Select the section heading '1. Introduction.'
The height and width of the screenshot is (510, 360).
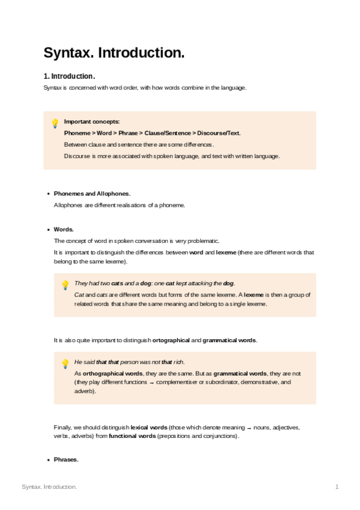(x=69, y=76)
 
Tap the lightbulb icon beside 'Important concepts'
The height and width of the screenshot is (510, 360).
(x=55, y=123)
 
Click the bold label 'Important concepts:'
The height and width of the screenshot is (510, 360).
(x=92, y=121)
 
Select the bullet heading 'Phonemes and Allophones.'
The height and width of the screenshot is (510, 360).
(x=92, y=194)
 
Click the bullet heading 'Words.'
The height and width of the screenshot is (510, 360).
(x=64, y=229)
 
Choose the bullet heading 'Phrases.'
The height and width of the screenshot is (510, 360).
(x=66, y=459)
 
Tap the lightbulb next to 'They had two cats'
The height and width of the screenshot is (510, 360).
(x=66, y=284)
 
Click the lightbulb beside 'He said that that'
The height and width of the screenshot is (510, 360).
(x=66, y=363)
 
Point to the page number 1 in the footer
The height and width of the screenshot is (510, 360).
(x=337, y=486)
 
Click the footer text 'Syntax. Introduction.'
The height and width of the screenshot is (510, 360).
(x=49, y=486)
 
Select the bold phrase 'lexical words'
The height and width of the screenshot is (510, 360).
(x=148, y=427)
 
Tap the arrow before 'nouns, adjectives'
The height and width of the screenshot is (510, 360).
(x=248, y=428)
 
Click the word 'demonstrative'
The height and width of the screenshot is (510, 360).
(x=259, y=382)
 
